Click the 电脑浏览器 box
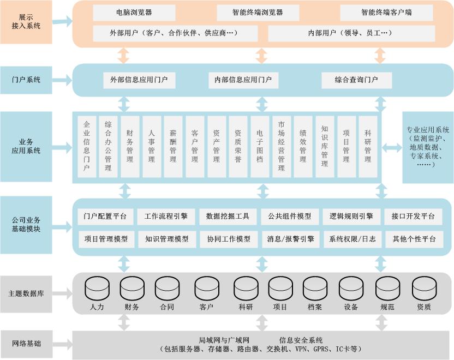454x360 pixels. point(134,12)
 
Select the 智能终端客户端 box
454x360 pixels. point(386,12)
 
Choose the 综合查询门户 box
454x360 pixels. point(356,80)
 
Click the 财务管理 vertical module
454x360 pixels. point(129,146)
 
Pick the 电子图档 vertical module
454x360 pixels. point(259,146)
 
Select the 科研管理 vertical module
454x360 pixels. point(368,146)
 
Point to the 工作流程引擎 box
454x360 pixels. point(166,216)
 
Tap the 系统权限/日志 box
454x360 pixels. point(352,239)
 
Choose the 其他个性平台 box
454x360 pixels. point(414,239)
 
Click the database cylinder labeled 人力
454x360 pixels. point(97,289)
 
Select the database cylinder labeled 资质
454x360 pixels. point(423,289)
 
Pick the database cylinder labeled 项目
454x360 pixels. point(280,289)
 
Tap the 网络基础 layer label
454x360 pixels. point(26,344)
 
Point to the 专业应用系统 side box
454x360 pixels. point(427,147)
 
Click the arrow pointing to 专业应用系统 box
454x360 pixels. point(391,147)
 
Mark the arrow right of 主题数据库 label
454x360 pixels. point(62,293)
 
